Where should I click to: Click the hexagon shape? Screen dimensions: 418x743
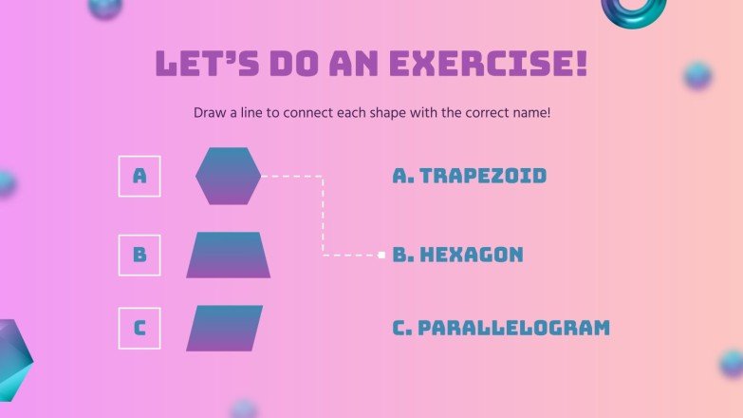(228, 176)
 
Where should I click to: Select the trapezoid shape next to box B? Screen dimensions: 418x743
(228, 255)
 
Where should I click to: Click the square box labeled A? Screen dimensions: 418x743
(139, 176)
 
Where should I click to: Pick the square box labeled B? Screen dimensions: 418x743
(139, 255)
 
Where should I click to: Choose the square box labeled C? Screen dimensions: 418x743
(139, 329)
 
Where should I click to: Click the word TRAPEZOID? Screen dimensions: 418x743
(483, 176)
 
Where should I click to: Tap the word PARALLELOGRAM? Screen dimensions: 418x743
(513, 329)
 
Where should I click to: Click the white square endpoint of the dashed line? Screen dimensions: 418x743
(381, 255)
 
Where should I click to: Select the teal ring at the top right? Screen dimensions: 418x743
(633, 9)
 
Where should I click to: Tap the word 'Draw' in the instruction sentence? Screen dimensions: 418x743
(210, 113)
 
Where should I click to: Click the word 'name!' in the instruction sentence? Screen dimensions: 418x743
(530, 113)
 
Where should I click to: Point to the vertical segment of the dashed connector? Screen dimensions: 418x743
(323, 216)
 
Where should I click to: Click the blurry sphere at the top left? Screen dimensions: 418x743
(104, 8)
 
